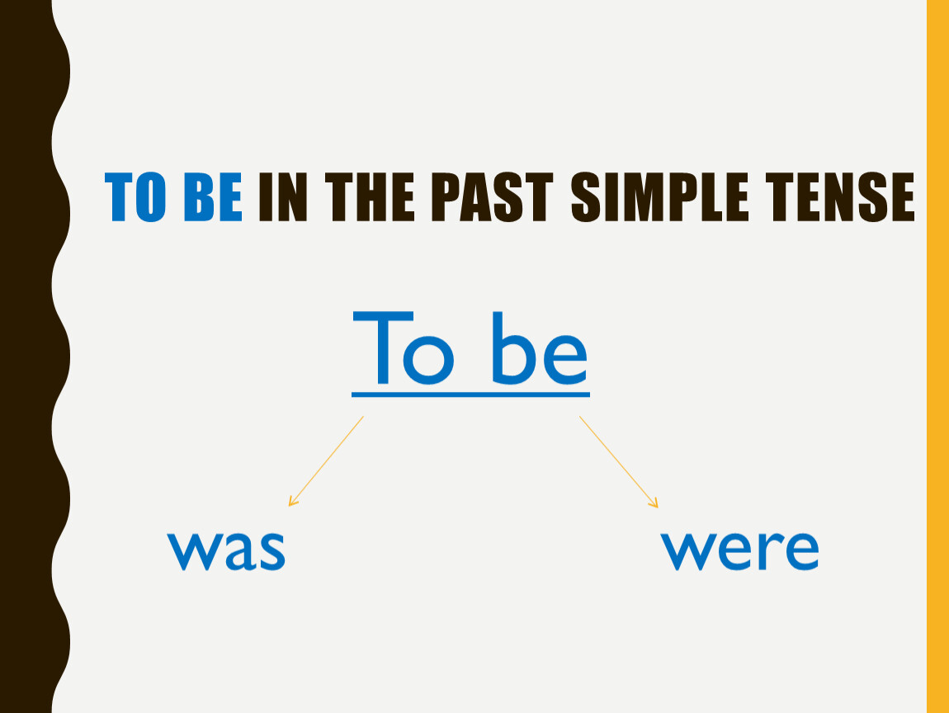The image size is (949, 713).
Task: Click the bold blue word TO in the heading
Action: [x=135, y=196]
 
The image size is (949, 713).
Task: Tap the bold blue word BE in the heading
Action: [x=212, y=196]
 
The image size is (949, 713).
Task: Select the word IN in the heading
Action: [x=283, y=196]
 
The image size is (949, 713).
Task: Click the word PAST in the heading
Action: [x=492, y=196]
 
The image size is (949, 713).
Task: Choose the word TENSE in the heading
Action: [x=840, y=196]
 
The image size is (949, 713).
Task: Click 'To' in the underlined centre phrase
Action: [x=403, y=348]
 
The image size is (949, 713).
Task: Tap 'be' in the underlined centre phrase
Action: [x=539, y=348]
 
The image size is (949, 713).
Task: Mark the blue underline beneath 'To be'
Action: [x=471, y=394]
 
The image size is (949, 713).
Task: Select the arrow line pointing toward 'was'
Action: [x=326, y=461]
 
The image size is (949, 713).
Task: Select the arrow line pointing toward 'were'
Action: [x=619, y=461]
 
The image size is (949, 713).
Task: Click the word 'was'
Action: [x=226, y=550]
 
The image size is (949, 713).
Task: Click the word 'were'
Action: [x=739, y=550]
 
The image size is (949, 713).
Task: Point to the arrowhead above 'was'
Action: [x=292, y=502]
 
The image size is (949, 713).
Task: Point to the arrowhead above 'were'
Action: [x=654, y=503]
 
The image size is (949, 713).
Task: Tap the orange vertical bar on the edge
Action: [x=937, y=356]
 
